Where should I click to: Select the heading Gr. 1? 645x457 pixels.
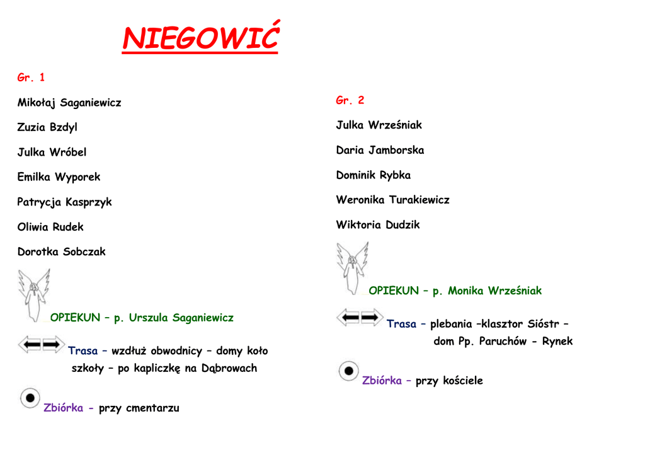coord(31,78)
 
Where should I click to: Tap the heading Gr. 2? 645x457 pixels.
coord(350,100)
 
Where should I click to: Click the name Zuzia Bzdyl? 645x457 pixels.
coord(47,127)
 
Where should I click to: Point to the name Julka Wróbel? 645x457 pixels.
coord(52,152)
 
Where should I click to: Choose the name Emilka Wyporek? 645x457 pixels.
coord(59,177)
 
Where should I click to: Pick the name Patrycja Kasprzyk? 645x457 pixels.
coord(64,202)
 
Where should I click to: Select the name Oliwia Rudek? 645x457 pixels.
coord(50,227)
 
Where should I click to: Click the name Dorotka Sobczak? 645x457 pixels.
coord(61,252)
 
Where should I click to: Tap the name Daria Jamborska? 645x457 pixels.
coord(380,150)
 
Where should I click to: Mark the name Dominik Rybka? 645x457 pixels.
coord(373,175)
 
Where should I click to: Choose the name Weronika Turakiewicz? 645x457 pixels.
coord(392,200)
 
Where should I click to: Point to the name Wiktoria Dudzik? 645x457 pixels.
coord(377,225)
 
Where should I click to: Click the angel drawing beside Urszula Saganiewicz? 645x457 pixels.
coord(33,294)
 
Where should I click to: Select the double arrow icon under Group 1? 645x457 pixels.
coord(41,344)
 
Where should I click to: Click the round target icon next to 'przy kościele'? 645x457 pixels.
coord(348,371)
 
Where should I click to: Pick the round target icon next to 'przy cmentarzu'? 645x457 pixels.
coord(30,398)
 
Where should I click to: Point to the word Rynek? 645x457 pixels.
coord(557,342)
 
